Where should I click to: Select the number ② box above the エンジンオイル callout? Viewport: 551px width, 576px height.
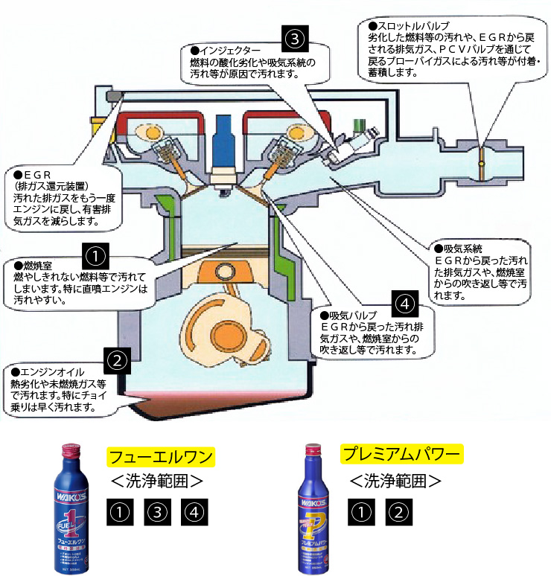[118, 361]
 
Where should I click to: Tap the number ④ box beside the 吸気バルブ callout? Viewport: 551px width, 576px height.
[403, 304]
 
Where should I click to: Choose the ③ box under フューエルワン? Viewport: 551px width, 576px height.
[156, 512]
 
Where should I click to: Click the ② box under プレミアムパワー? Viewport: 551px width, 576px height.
[398, 511]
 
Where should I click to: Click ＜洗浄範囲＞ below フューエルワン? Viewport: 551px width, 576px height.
[157, 480]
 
